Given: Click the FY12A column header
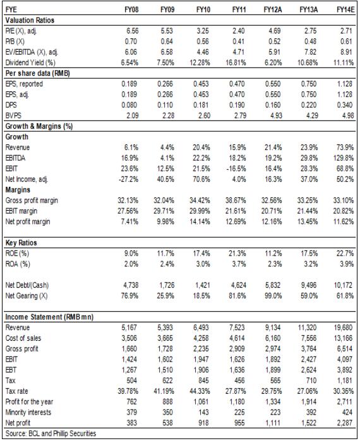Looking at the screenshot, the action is [272, 10].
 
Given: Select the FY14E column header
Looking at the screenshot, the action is [345, 10].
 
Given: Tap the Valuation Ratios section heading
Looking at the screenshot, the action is [30, 20].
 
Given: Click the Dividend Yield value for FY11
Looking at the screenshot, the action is [236, 62].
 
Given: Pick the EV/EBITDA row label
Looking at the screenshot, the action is [32, 52].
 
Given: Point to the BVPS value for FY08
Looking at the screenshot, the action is [132, 115].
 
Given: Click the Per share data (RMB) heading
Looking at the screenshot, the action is [37, 73].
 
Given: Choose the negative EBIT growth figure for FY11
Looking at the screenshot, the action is [236, 168].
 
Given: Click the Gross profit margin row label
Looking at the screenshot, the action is [32, 200].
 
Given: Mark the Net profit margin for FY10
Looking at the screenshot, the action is [200, 221].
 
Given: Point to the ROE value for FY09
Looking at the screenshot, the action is [165, 254].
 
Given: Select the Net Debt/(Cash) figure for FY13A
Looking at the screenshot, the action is [309, 285].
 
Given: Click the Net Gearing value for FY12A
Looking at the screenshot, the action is [273, 296].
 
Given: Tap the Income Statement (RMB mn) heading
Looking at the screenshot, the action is [49, 317].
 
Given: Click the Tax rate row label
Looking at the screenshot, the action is [16, 391].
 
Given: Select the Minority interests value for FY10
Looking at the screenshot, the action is [203, 413].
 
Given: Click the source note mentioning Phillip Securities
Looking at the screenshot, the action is [51, 433].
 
